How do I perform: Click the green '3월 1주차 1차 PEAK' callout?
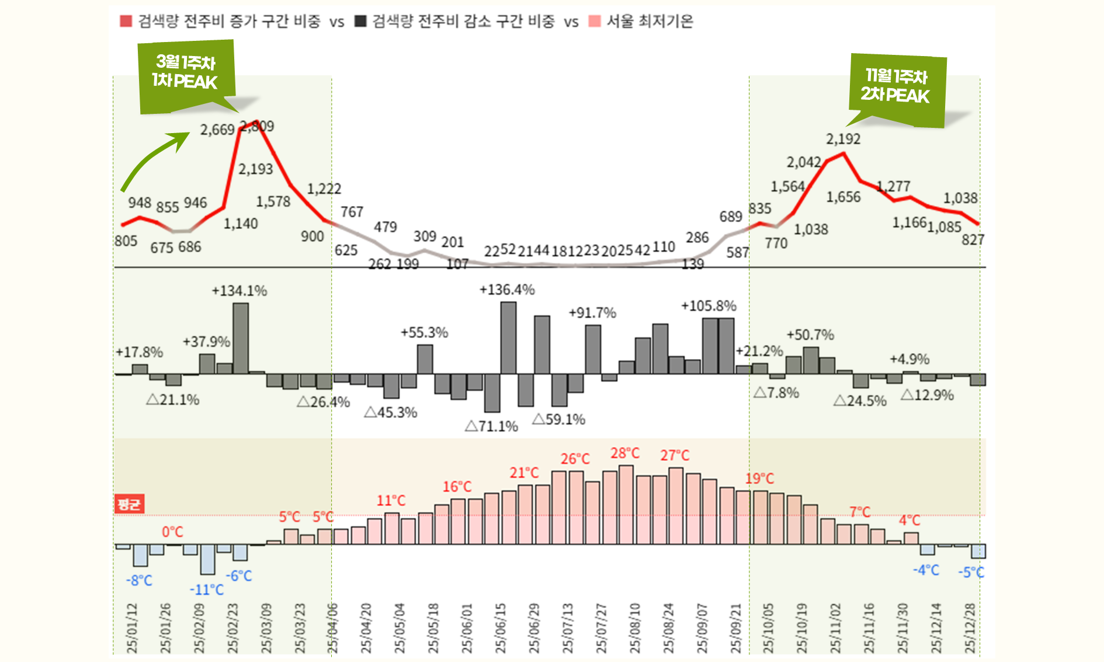click(186, 73)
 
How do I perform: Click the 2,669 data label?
click(217, 130)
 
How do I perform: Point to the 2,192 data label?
click(843, 139)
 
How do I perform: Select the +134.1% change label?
click(239, 291)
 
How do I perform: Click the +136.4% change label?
click(506, 290)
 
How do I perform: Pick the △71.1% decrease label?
click(491, 427)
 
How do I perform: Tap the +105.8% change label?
click(709, 306)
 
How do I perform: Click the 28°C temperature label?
click(625, 453)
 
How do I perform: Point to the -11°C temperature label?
click(206, 590)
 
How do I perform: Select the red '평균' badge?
click(129, 504)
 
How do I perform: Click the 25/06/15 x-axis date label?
click(501, 628)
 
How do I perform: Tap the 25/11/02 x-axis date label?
click(836, 628)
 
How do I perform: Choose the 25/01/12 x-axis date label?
click(132, 628)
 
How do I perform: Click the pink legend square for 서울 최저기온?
click(595, 22)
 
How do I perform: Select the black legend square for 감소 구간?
click(360, 22)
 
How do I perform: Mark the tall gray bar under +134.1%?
click(240, 338)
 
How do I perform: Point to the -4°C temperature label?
click(926, 570)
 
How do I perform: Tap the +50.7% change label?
click(810, 335)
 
